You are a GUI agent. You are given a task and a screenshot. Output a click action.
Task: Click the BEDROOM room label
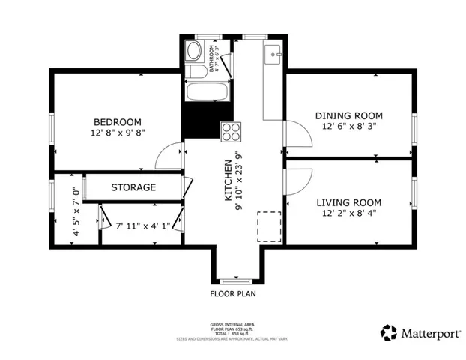[117, 122]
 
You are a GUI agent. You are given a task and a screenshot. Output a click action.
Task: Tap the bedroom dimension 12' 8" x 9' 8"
[117, 133]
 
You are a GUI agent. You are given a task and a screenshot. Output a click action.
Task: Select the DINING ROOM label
[348, 115]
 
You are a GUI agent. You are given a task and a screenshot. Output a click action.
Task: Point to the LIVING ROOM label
[348, 202]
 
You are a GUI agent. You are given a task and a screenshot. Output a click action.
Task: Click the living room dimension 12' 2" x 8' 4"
[348, 213]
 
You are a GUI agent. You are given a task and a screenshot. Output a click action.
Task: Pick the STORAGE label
[133, 187]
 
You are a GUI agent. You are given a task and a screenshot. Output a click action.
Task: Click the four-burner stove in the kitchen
[231, 131]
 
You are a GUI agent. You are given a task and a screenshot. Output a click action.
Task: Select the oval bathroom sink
[193, 52]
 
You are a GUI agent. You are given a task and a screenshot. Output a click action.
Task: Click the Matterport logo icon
[388, 332]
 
